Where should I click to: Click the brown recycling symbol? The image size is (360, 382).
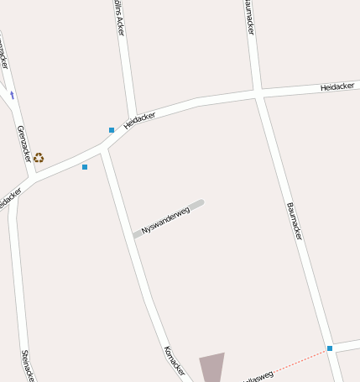pos(39,157)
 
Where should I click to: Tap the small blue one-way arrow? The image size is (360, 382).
pos(12,95)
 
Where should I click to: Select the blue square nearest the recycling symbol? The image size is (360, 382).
pos(85,167)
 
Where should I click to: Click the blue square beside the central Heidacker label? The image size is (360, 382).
pos(112,130)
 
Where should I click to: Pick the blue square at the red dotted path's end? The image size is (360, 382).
pos(330,348)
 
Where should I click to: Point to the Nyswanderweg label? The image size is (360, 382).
pos(165,218)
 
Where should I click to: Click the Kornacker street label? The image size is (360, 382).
pos(174,361)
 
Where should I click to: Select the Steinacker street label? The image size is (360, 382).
pos(27,364)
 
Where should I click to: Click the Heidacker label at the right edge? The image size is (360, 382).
pos(337,86)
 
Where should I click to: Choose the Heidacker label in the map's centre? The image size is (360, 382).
pos(140,121)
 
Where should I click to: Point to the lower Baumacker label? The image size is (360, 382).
pos(294,221)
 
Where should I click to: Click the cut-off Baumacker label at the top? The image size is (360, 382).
pos(249,17)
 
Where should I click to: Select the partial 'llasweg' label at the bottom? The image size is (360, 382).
pos(258,376)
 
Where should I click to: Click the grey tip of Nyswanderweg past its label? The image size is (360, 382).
pos(196,203)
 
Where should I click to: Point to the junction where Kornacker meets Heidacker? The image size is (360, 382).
pos(102,150)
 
